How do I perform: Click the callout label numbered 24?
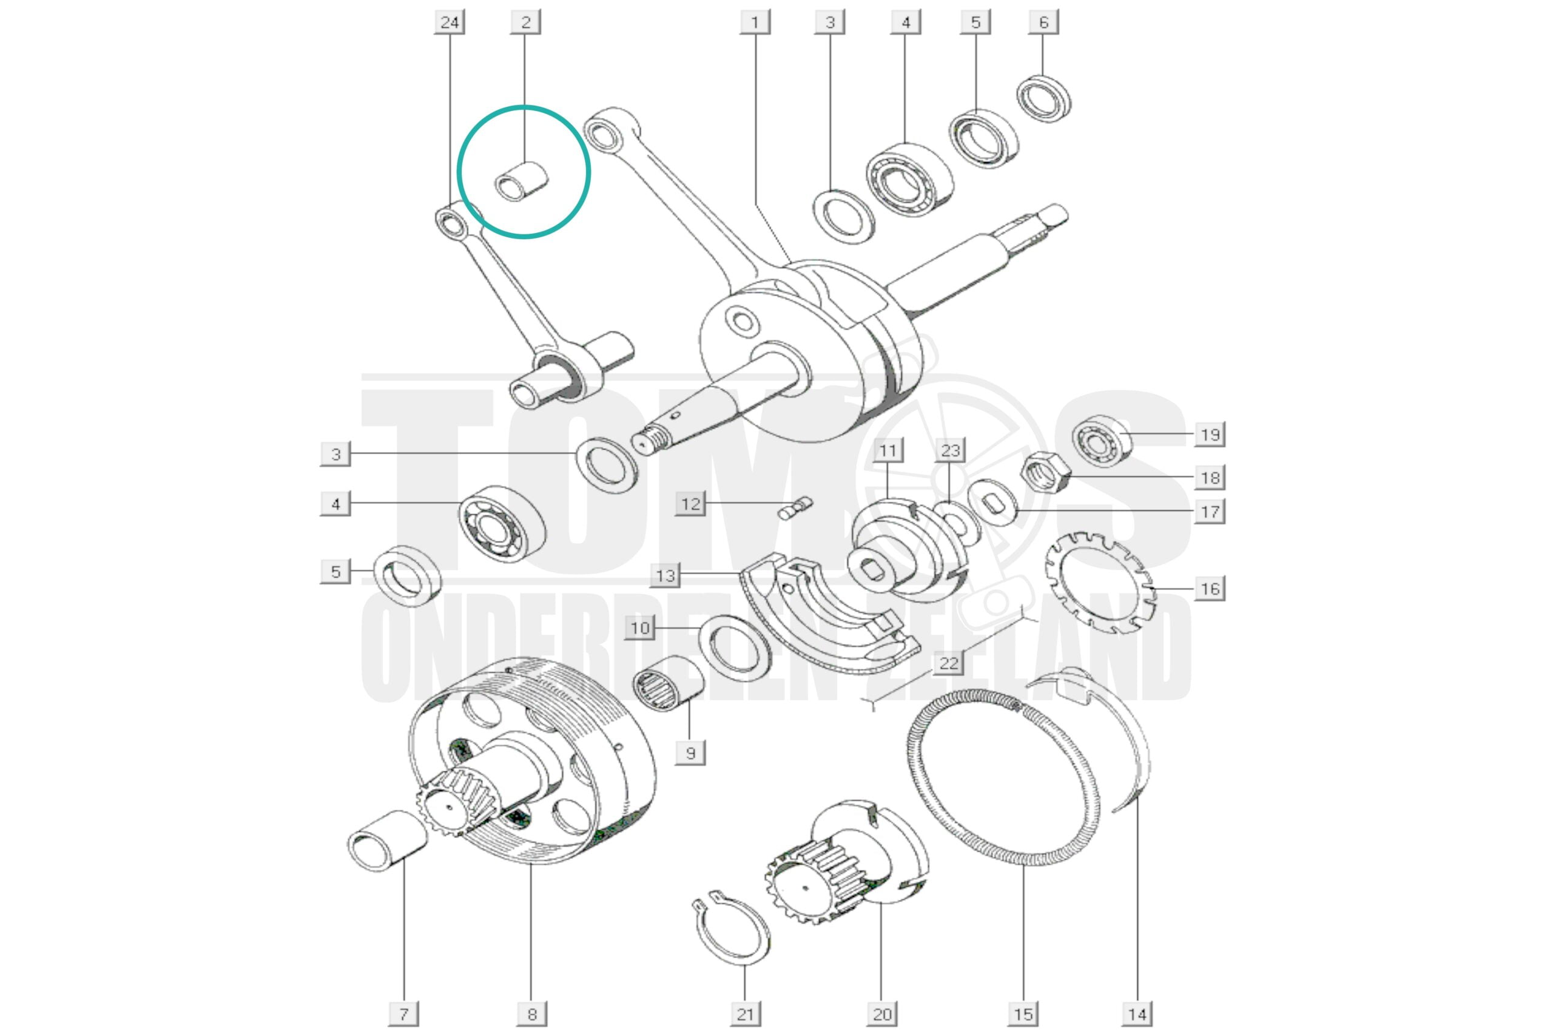tap(450, 22)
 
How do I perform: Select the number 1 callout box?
tap(755, 22)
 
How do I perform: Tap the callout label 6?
tap(1043, 22)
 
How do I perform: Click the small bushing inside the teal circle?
tap(522, 181)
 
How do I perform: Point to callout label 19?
tap(1210, 435)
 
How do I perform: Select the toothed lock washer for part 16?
tap(1100, 584)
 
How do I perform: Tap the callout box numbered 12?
tap(690, 504)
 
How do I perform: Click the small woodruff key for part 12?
tap(796, 508)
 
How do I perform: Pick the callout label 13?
tap(665, 575)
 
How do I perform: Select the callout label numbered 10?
tap(640, 628)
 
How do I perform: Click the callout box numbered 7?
tap(403, 1014)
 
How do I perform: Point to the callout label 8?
tap(531, 1014)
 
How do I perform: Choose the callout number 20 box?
tap(882, 1014)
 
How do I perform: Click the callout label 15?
tap(1023, 1014)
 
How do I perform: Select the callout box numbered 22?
tap(948, 663)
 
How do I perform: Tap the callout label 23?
tap(950, 450)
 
